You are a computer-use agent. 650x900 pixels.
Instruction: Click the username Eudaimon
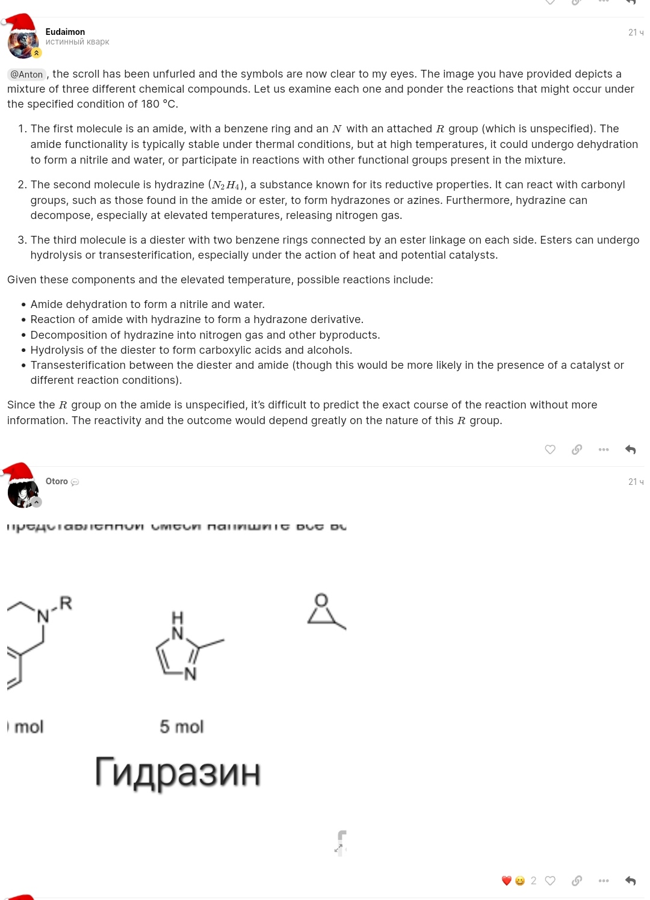tap(65, 32)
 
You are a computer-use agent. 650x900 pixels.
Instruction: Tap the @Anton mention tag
tap(27, 75)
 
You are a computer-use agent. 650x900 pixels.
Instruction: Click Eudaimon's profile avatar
tap(23, 43)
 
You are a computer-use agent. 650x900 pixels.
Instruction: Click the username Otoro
tap(57, 481)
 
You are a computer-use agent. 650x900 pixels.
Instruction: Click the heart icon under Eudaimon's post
tap(550, 449)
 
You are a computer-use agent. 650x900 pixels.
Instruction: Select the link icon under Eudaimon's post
tap(577, 449)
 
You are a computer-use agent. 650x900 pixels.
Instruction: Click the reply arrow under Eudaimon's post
tap(630, 449)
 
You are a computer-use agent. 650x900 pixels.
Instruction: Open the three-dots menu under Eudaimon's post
tap(604, 449)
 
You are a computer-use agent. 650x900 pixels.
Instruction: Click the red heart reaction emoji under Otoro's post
tap(507, 881)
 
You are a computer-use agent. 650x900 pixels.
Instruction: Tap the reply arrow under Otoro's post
tap(630, 881)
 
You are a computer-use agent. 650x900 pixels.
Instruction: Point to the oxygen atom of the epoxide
tap(321, 600)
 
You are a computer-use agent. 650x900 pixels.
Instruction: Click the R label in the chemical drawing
tap(66, 603)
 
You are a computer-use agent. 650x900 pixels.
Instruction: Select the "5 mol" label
tap(182, 727)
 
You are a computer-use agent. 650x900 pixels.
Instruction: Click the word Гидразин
tap(178, 772)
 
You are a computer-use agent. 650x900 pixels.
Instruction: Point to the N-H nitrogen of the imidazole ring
tap(178, 632)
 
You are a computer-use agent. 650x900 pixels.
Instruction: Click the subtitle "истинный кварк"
tap(77, 42)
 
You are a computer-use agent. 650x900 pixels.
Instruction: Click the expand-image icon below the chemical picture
tap(339, 847)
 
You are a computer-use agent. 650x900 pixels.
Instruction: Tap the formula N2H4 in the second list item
tap(226, 185)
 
